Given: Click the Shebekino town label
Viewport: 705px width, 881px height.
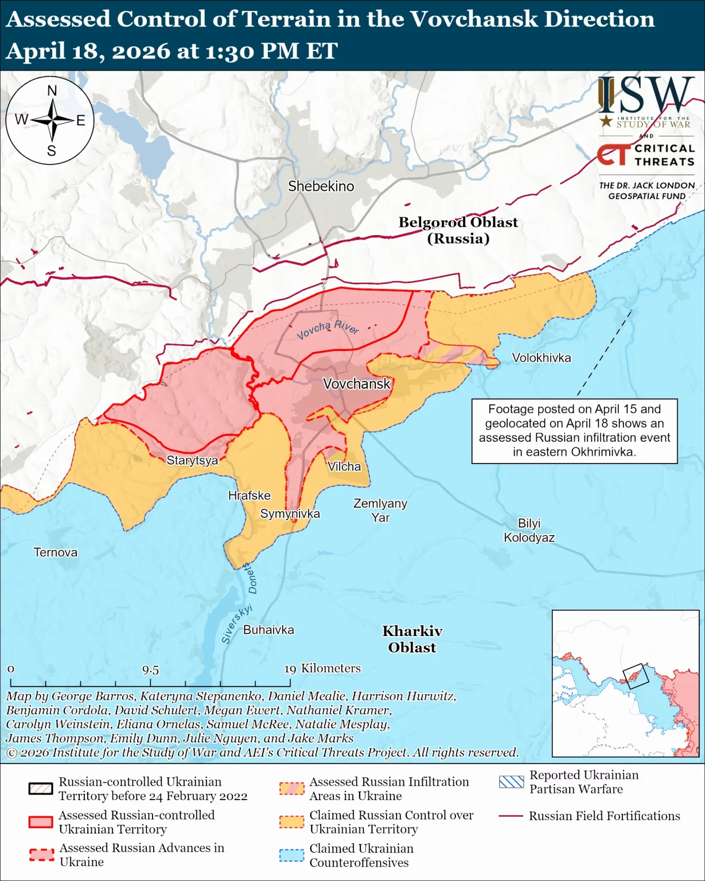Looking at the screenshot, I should pyautogui.click(x=321, y=186).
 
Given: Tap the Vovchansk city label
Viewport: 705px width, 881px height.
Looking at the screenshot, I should pyautogui.click(x=356, y=384).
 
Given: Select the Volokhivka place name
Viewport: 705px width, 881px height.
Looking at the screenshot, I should pyautogui.click(x=541, y=358).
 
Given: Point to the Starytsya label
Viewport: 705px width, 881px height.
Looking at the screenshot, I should pyautogui.click(x=192, y=460).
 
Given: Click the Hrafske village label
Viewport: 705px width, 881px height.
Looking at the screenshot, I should pyautogui.click(x=249, y=496).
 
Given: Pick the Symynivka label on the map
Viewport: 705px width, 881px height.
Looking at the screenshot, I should pyautogui.click(x=290, y=514).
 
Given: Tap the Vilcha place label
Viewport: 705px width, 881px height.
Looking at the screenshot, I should pyautogui.click(x=344, y=466).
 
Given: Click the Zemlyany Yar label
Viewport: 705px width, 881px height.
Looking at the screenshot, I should pyautogui.click(x=380, y=510).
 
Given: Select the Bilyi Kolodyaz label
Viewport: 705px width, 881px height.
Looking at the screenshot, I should pyautogui.click(x=529, y=531).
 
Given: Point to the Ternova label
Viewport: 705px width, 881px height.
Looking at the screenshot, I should pyautogui.click(x=55, y=552).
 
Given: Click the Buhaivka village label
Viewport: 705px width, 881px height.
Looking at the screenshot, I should pyautogui.click(x=268, y=630).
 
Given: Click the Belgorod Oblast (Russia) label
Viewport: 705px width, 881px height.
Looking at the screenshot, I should pyautogui.click(x=458, y=230).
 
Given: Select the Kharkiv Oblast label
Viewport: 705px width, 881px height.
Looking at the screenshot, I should pyautogui.click(x=412, y=639).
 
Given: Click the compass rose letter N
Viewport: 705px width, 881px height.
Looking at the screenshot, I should pyautogui.click(x=52, y=91).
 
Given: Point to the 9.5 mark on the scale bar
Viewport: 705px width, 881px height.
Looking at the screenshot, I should pyautogui.click(x=150, y=670).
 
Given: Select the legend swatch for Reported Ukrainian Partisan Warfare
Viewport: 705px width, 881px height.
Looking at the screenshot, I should pyautogui.click(x=511, y=782).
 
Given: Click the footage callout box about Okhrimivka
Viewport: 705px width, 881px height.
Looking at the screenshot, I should pyautogui.click(x=574, y=431).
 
